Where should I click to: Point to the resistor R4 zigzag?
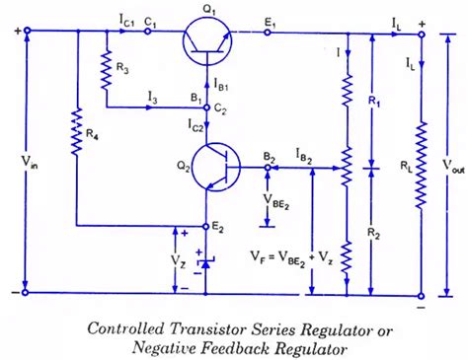pyautogui.click(x=75, y=134)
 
